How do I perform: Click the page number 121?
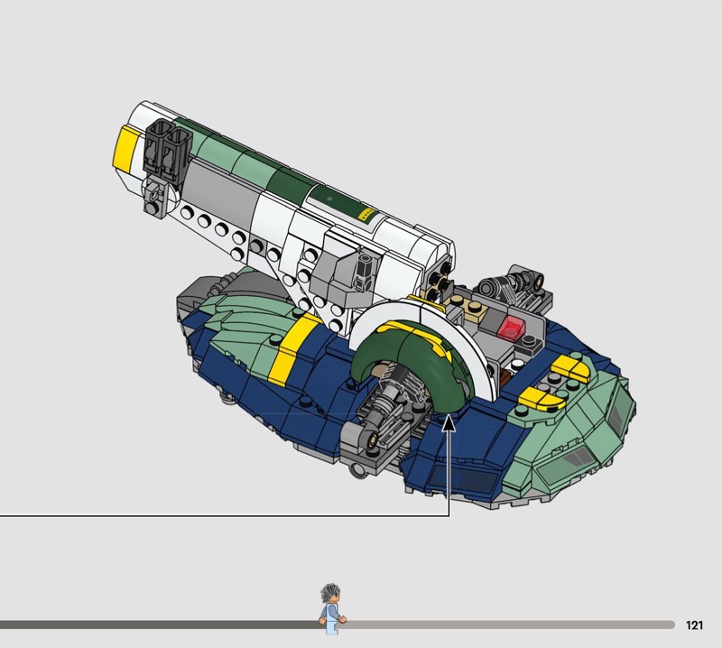694,625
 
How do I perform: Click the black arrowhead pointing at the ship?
449,424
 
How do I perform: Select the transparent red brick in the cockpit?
512,328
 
